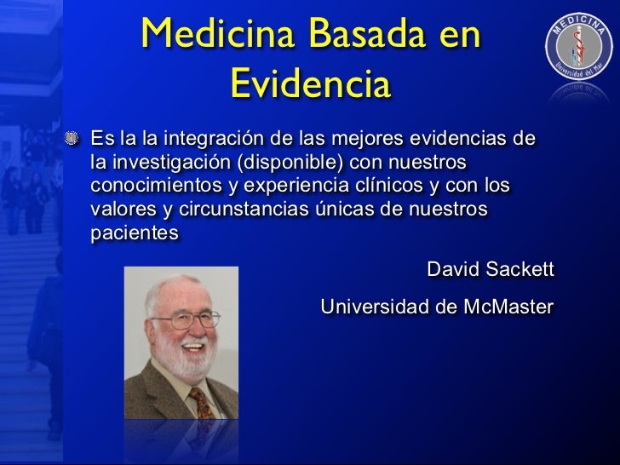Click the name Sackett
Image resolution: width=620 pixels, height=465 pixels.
[x=516, y=271]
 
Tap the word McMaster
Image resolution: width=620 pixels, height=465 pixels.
[x=508, y=307]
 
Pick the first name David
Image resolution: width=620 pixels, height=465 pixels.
[x=449, y=271]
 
